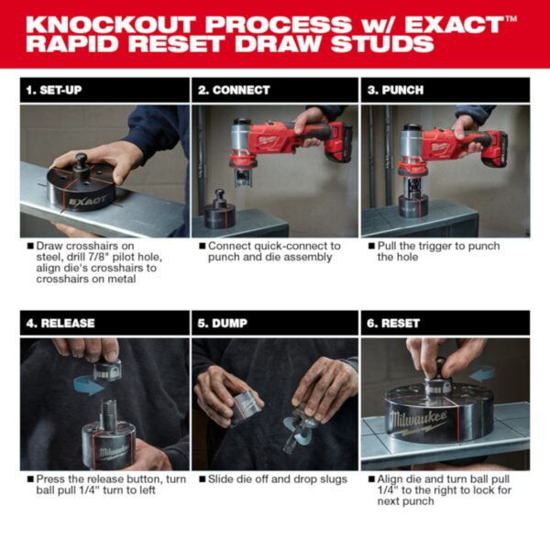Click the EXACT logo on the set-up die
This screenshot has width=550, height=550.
pos(86,197)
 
